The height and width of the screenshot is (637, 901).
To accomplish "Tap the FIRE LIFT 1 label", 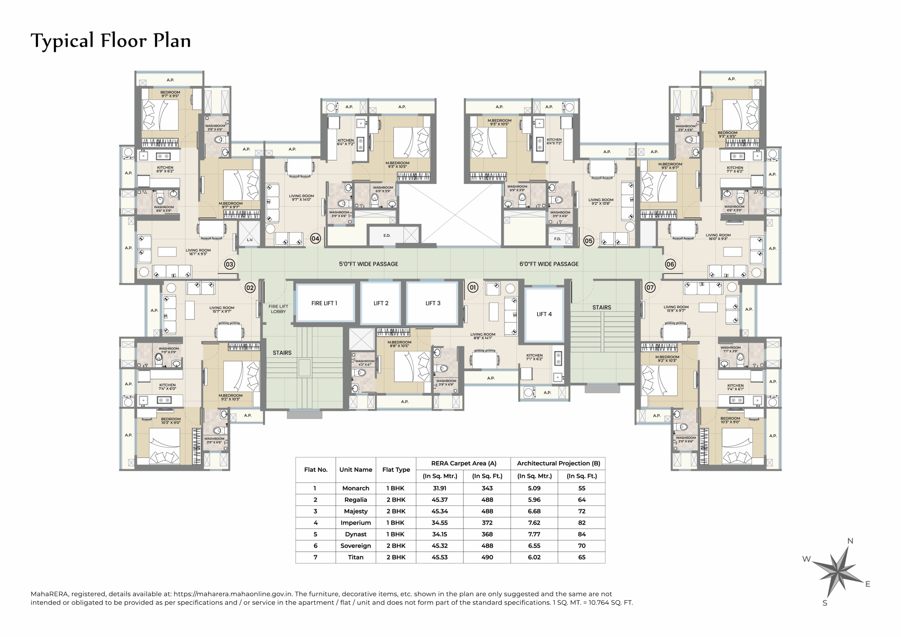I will (324, 303).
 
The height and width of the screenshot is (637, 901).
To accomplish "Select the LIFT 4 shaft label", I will (544, 314).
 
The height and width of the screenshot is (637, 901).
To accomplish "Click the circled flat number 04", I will (315, 238).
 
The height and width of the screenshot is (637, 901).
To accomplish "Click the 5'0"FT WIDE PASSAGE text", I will (368, 264).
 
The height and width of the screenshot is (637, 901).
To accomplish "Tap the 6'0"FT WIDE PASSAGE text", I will (549, 264).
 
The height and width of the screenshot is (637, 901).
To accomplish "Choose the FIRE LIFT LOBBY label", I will (278, 309).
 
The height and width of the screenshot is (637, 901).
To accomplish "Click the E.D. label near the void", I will (387, 235).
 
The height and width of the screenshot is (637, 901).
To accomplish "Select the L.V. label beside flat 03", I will (250, 240).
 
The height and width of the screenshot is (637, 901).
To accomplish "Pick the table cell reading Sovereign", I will (355, 545).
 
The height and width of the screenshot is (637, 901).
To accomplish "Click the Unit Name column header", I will (355, 469).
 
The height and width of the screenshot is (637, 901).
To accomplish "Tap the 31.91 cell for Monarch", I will (440, 488).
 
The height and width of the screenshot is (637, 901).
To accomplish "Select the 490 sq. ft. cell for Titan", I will (487, 557).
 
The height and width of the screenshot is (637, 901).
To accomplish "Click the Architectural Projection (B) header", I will (558, 463).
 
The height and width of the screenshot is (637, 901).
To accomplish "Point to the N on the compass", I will (850, 541).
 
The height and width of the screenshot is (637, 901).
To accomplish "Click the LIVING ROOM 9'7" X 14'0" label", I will (301, 197).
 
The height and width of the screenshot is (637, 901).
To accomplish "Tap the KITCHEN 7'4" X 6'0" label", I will (168, 386).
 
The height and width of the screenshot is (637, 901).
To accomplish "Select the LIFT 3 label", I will (433, 303).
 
